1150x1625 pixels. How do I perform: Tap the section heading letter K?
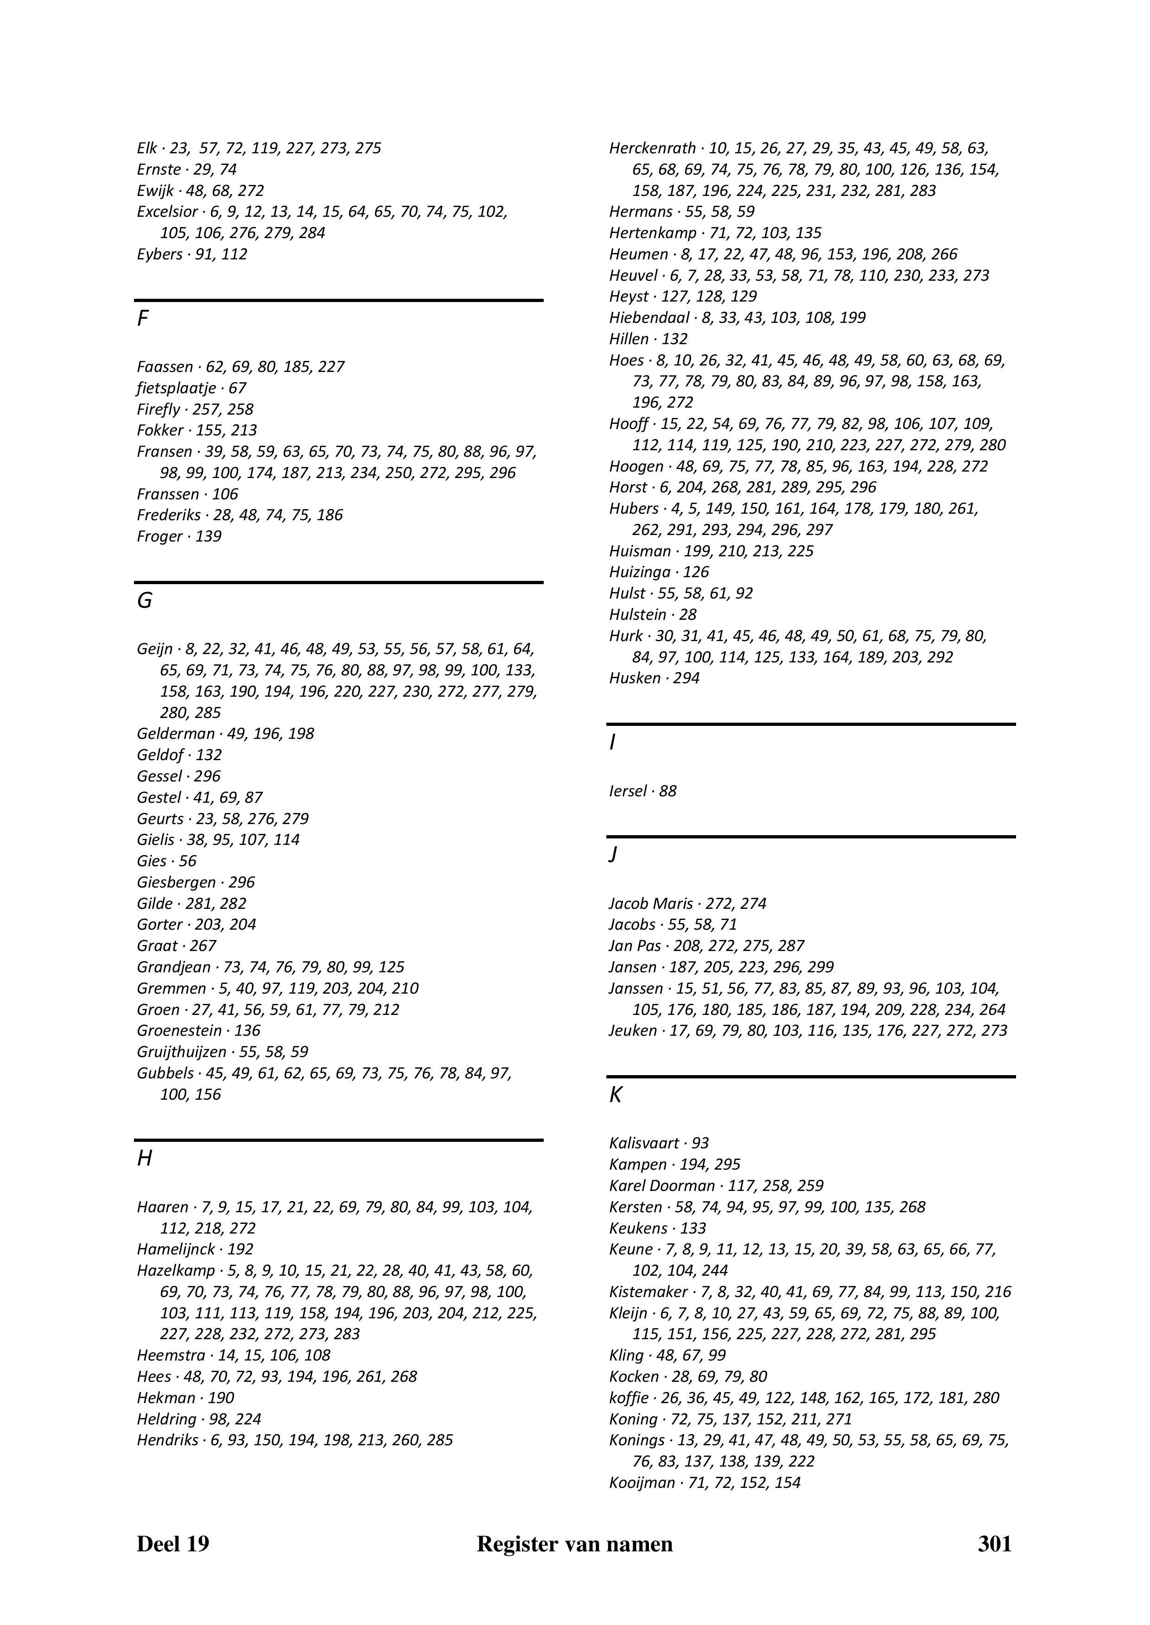616,1096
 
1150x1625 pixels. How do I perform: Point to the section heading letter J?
613,855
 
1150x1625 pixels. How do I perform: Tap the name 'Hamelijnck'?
175,1250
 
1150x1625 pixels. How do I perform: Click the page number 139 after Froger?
208,536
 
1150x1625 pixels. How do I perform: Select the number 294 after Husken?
686,678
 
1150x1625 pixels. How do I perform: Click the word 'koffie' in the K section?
628,1398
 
